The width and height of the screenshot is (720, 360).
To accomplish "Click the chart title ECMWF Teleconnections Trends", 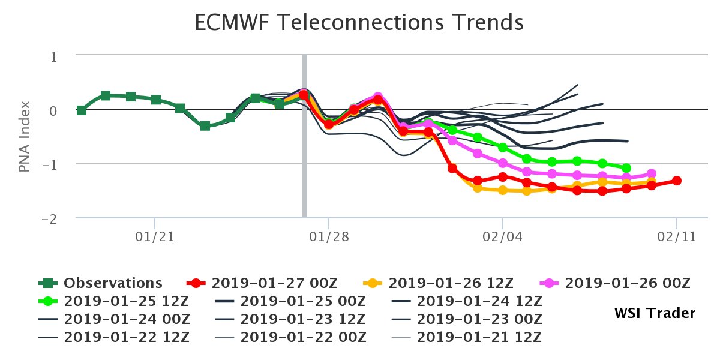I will click(359, 23).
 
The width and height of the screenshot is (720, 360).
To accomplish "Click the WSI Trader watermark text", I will click(655, 313).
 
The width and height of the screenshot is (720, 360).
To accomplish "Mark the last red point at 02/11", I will click(676, 181).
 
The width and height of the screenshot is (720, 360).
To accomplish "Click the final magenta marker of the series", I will click(652, 174).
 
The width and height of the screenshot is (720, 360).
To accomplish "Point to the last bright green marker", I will click(626, 168).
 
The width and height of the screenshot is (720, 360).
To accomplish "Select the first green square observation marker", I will click(81, 110).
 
